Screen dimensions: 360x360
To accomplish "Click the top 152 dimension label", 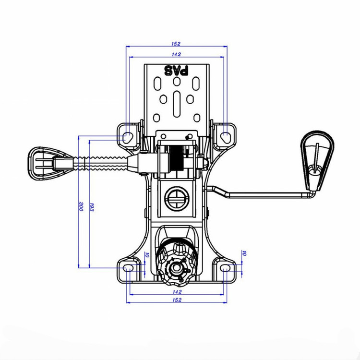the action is tap(176, 44).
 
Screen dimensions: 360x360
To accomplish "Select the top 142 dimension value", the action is tap(176, 54).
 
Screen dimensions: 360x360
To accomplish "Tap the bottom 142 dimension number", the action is tap(177, 292).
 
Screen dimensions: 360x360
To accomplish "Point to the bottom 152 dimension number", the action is tap(177, 300).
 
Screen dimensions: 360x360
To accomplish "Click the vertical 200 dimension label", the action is tap(81, 206).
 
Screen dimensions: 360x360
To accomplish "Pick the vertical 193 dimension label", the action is tap(92, 207).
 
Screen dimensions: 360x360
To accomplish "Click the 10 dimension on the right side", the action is tap(244, 253).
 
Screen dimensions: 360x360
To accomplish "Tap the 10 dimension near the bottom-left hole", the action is tap(147, 254).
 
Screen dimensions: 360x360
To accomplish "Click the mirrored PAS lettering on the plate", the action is tap(176, 71).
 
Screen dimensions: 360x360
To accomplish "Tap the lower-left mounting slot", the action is tap(128, 268).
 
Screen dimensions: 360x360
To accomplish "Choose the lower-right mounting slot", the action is tap(225, 268).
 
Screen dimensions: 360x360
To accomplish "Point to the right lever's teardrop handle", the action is tap(317, 161).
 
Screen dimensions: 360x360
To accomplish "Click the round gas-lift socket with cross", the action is tap(177, 199).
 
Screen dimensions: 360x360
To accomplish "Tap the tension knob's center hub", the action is tap(176, 268).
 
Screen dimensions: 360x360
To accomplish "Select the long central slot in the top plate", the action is tap(177, 104).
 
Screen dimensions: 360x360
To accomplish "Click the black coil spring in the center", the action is tap(176, 158).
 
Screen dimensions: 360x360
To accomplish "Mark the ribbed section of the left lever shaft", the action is tap(101, 163).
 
